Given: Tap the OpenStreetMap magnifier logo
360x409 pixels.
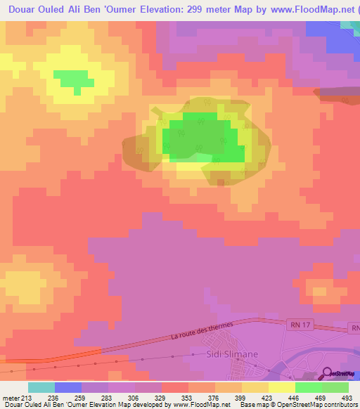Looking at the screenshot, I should point(327,373).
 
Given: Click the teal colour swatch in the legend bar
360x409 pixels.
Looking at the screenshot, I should point(41,387).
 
